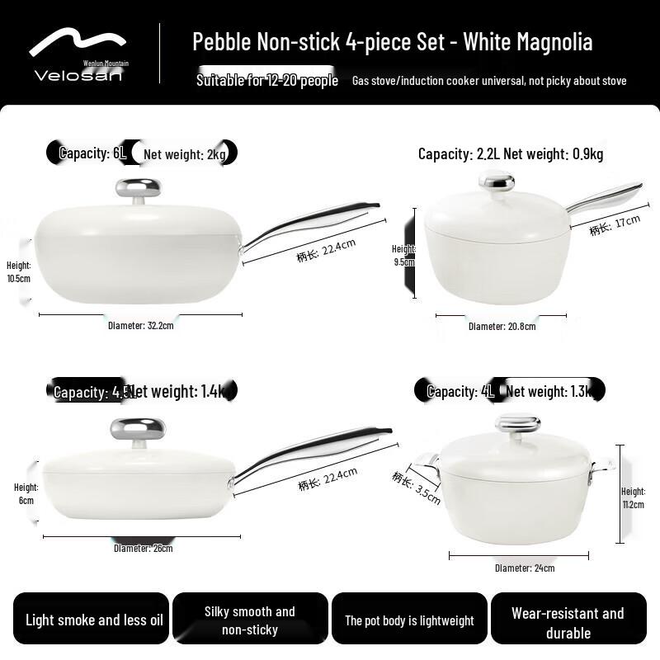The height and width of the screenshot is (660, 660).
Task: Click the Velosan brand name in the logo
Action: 78,75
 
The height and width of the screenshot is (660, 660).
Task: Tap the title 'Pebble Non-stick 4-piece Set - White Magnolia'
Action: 392,42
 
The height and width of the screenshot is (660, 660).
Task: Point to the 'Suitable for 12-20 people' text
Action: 267,80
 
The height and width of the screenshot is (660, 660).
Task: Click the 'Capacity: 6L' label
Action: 93,153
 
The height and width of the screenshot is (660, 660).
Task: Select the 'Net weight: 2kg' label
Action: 184,153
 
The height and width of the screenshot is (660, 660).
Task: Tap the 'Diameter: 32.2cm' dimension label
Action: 141,325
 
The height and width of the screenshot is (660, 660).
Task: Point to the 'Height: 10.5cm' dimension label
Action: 18,271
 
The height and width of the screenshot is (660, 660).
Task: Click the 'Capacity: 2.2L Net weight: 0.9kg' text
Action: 511,153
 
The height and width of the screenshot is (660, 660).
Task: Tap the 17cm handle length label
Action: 615,225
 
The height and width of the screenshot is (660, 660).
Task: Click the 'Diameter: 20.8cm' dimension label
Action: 502,326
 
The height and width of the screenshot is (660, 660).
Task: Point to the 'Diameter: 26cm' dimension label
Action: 143,548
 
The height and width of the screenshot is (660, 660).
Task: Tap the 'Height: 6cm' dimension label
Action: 26,493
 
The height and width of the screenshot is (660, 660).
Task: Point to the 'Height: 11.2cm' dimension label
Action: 633,497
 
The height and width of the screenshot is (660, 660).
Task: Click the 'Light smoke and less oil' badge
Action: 94,620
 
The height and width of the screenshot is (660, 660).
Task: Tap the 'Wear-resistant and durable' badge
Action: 568,623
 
